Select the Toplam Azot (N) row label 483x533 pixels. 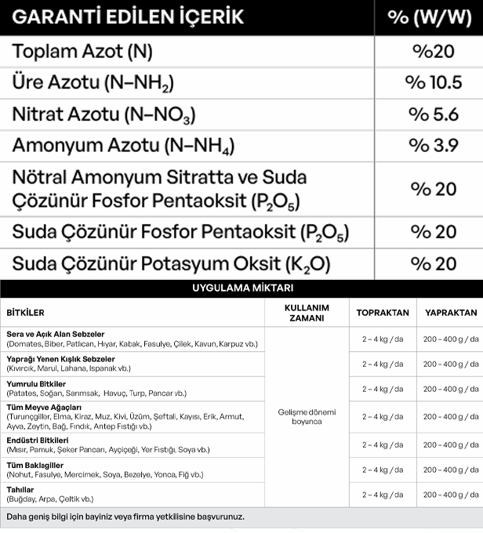(x=82, y=52)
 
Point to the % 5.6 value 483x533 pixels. (x=434, y=114)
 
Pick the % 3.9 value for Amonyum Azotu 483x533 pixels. (x=434, y=146)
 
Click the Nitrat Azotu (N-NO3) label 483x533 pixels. (x=103, y=114)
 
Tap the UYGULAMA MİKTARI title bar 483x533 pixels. (x=241, y=288)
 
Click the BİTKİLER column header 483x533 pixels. (x=25, y=312)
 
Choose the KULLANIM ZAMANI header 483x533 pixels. (x=306, y=312)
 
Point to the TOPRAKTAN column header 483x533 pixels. (x=383, y=312)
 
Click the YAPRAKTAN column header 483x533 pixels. (x=451, y=312)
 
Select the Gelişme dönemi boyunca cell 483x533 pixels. (x=306, y=416)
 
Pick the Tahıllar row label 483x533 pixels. (x=20, y=489)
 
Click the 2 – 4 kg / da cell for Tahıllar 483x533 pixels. (x=382, y=495)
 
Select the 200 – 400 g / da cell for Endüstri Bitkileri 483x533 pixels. (x=451, y=444)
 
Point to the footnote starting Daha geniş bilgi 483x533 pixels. (x=125, y=517)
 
